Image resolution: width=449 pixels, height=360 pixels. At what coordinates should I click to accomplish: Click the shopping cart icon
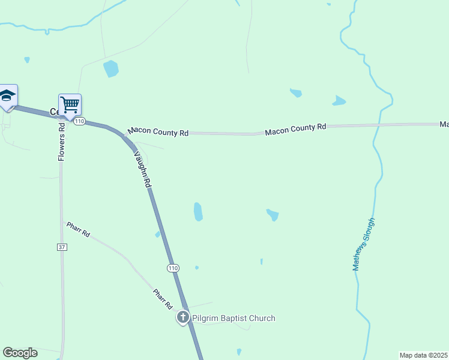click(70, 105)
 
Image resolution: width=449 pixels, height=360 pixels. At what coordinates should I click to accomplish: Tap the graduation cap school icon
click(7, 96)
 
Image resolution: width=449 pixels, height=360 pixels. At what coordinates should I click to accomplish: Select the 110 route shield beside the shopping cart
click(80, 121)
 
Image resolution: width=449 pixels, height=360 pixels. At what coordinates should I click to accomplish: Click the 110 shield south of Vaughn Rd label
click(173, 267)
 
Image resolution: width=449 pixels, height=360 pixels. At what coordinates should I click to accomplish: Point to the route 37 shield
click(62, 247)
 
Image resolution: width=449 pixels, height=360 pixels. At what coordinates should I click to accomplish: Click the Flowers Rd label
click(61, 142)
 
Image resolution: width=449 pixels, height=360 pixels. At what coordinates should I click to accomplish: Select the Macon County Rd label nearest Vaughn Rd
click(158, 131)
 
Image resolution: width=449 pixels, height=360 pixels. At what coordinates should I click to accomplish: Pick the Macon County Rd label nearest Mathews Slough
click(295, 128)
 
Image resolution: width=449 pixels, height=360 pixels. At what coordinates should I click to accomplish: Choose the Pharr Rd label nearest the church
click(163, 298)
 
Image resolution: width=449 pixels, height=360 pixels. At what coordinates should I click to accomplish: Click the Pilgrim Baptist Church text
click(234, 318)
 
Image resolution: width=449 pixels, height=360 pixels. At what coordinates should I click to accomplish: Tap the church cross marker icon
click(183, 317)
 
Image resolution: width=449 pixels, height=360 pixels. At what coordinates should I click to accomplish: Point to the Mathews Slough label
click(364, 244)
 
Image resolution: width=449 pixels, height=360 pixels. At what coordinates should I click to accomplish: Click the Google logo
click(20, 353)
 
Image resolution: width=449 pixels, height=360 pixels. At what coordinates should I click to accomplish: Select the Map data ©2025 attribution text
click(423, 355)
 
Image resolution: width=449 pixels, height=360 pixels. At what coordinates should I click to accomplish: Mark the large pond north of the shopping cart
click(111, 69)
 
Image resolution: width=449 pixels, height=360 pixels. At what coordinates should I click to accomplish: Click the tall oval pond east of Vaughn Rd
click(198, 211)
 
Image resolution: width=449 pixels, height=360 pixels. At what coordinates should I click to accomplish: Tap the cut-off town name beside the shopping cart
click(53, 112)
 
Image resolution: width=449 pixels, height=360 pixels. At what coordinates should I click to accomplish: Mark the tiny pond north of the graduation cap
click(26, 59)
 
